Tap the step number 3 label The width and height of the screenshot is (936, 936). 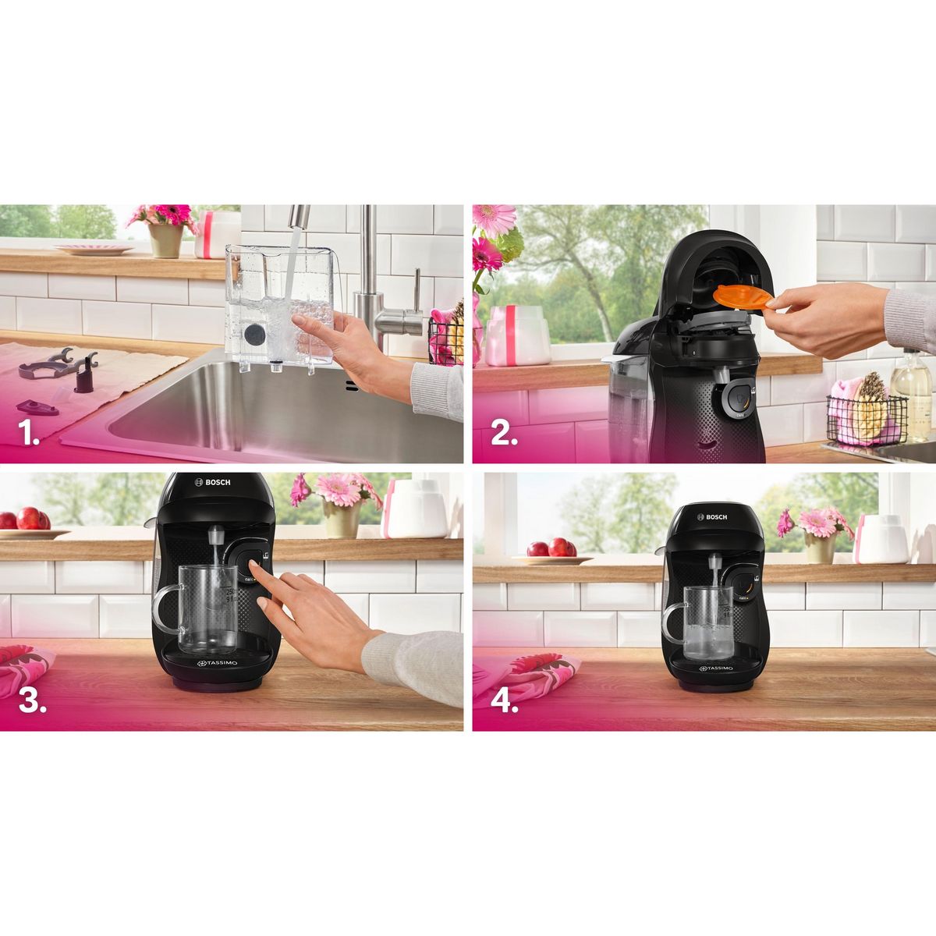(x=32, y=701)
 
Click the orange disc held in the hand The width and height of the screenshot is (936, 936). (x=742, y=299)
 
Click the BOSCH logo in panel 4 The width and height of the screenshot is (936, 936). (x=711, y=517)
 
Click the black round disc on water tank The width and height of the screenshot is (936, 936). (x=254, y=335)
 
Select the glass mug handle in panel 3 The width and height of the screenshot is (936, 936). (x=165, y=608)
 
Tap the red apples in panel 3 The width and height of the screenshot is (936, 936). (x=29, y=519)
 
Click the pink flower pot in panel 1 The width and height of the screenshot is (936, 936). (x=165, y=239)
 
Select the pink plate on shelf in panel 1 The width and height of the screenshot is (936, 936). (x=93, y=250)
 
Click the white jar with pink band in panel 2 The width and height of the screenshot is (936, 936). (x=518, y=335)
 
